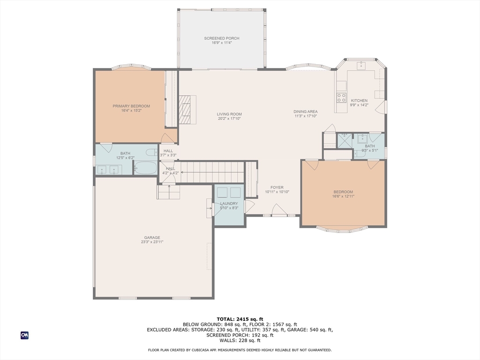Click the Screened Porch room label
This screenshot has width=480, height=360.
tap(222, 38)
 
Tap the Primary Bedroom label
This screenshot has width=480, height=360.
tap(131, 106)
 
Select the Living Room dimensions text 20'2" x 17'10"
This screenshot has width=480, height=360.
tap(229, 119)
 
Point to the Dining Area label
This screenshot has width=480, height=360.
tap(306, 112)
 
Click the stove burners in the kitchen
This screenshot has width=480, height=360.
tap(341, 97)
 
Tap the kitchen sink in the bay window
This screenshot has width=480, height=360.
tap(361, 66)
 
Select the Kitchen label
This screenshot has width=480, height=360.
tap(359, 100)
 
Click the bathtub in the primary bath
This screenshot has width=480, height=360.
tap(145, 168)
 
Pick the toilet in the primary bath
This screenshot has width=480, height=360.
tap(152, 152)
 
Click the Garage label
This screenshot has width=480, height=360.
tap(152, 238)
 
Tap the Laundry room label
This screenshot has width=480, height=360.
tap(229, 203)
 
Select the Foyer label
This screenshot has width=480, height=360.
tap(277, 187)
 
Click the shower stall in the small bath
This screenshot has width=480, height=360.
tap(345, 141)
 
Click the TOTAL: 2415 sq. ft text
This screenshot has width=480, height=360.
tap(240, 319)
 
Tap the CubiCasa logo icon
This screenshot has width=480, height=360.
tap(24, 335)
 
